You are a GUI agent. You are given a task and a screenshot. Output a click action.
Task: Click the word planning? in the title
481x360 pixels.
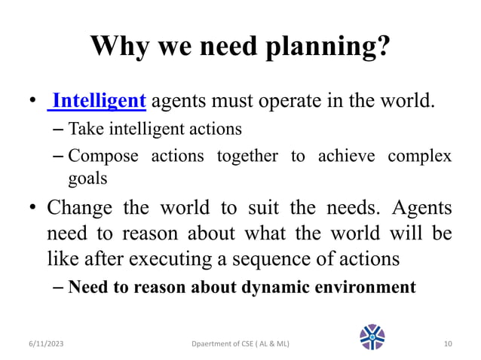coord(328,47)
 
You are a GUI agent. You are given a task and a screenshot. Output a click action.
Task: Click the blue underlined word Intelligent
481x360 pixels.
coord(99,100)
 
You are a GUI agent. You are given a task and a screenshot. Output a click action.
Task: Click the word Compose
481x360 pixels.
coord(103,157)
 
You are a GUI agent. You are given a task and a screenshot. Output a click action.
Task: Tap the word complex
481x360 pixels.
coord(419,157)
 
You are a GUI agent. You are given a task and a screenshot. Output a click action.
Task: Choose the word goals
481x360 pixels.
coord(88,180)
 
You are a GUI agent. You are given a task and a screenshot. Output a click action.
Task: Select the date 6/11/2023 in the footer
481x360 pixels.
coord(42,343)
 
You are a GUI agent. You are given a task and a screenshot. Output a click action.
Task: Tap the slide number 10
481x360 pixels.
coord(448,343)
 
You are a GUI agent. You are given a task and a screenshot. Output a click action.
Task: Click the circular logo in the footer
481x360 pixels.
coord(372,337)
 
